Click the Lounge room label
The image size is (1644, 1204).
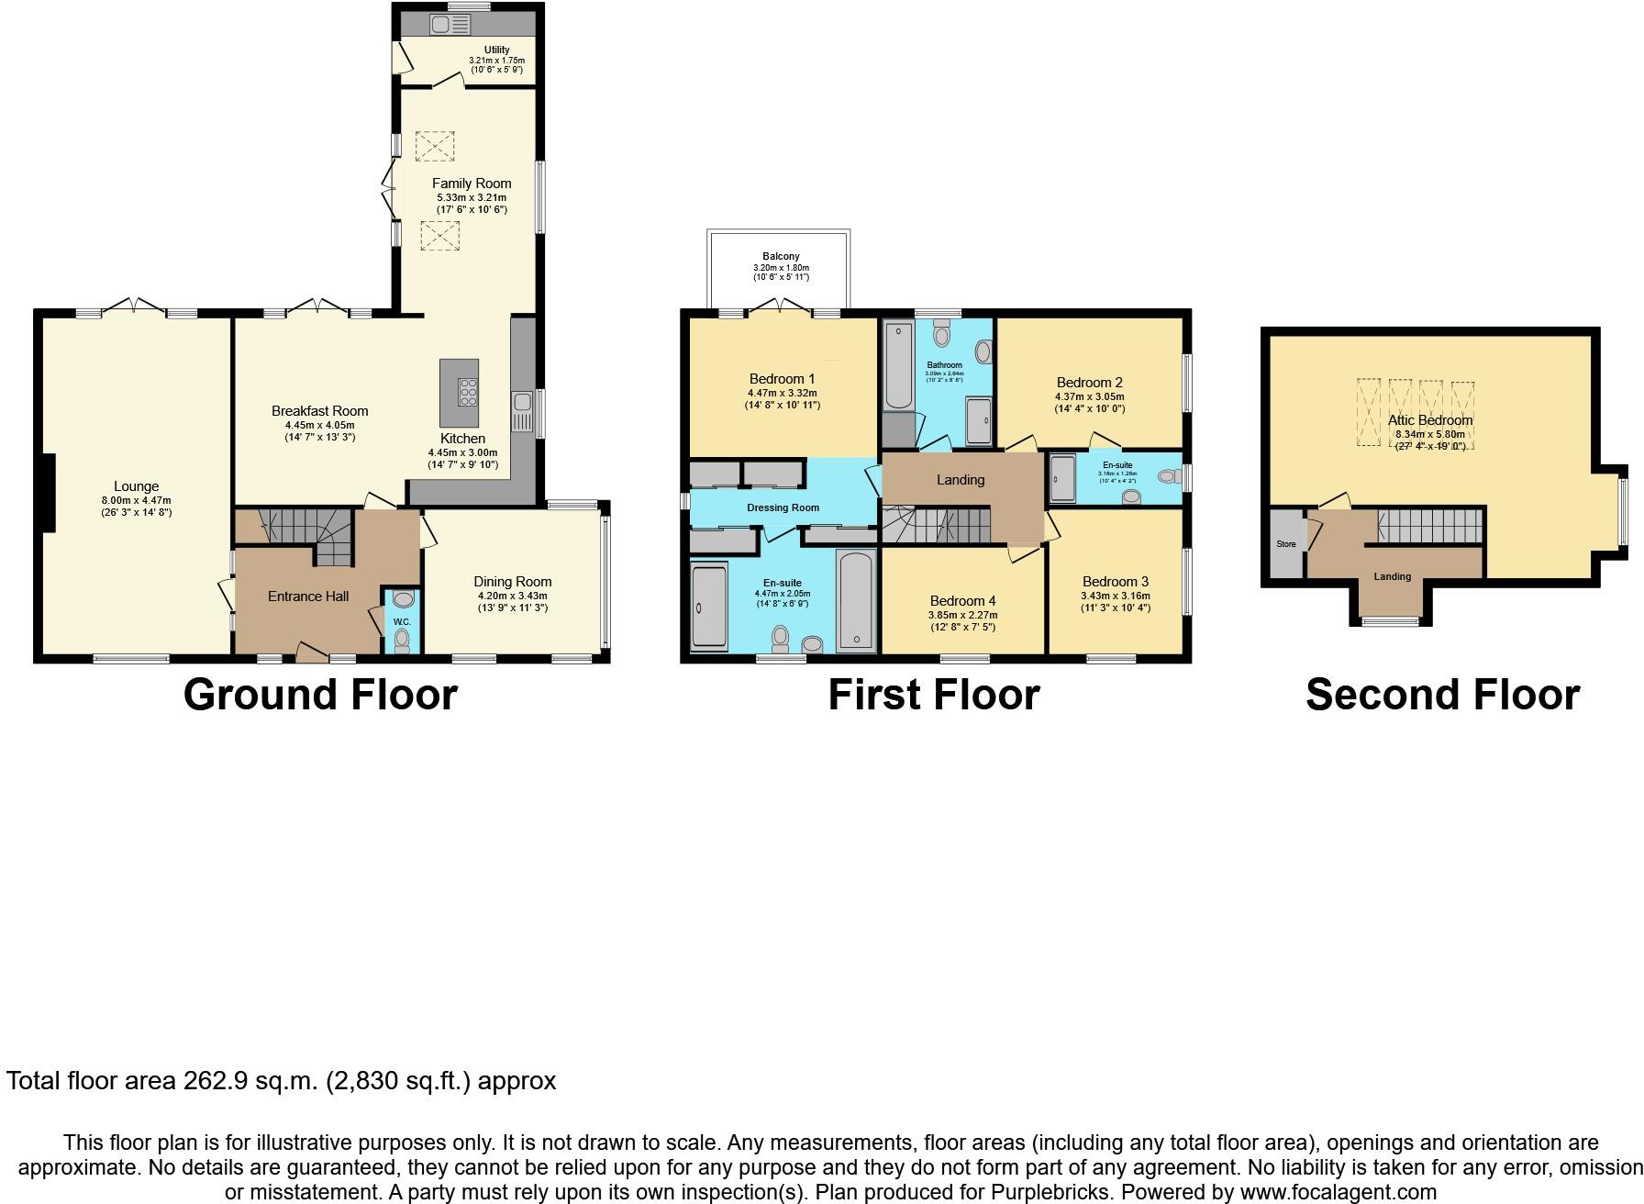point(136,486)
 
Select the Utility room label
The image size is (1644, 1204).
point(496,50)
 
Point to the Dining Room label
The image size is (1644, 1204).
point(512,581)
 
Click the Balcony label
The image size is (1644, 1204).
point(781,257)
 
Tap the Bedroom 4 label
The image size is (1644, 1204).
point(962,601)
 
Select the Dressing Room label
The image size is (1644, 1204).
point(783,507)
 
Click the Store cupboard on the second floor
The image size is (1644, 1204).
point(1286,543)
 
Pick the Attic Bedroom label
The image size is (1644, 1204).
point(1430,420)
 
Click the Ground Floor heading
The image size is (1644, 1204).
point(320,695)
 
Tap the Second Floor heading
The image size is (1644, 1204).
point(1442,695)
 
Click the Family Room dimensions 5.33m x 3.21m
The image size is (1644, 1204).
point(472,197)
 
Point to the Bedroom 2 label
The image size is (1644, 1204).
point(1089,383)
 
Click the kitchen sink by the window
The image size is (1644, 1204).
point(522,404)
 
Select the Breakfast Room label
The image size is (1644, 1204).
point(319,411)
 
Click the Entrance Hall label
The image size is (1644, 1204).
point(308,596)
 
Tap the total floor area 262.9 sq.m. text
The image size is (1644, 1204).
point(281,1081)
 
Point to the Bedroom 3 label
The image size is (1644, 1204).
point(1115,582)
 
